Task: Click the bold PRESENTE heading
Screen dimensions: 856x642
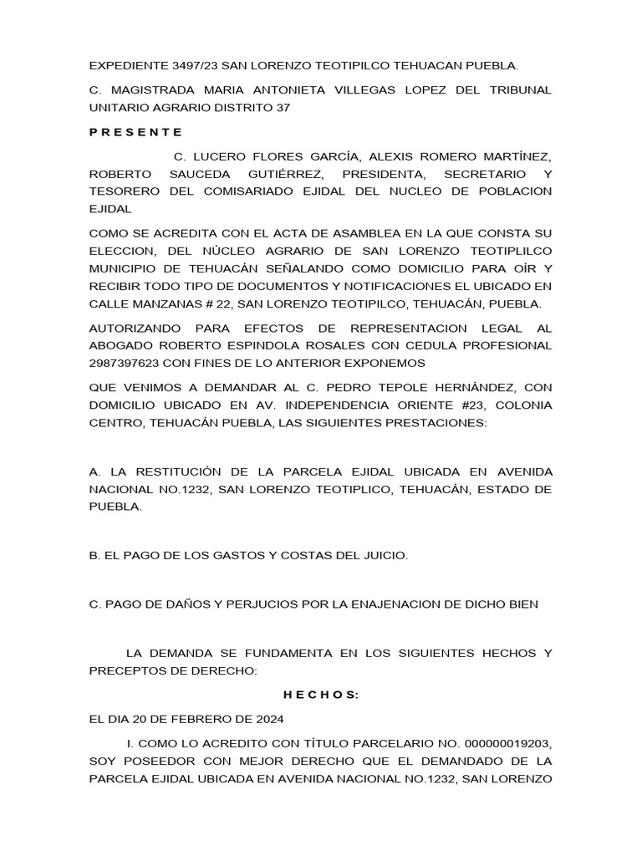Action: [135, 133]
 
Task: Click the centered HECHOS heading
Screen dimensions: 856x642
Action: [320, 695]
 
